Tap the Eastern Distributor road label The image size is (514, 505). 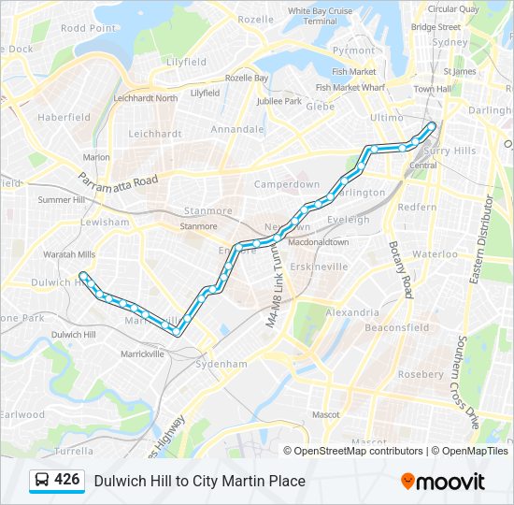pyautogui.click(x=489, y=238)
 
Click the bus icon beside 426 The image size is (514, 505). pyautogui.click(x=42, y=481)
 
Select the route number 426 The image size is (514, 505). pyautogui.click(x=67, y=480)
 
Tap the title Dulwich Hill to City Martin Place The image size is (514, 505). pyautogui.click(x=199, y=481)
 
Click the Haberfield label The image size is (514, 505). pyautogui.click(x=64, y=117)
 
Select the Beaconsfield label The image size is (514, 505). pyautogui.click(x=396, y=327)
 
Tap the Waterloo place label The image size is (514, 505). pyautogui.click(x=435, y=253)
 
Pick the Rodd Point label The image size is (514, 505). pyautogui.click(x=88, y=28)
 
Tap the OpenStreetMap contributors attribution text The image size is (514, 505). pyautogui.click(x=358, y=451)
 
